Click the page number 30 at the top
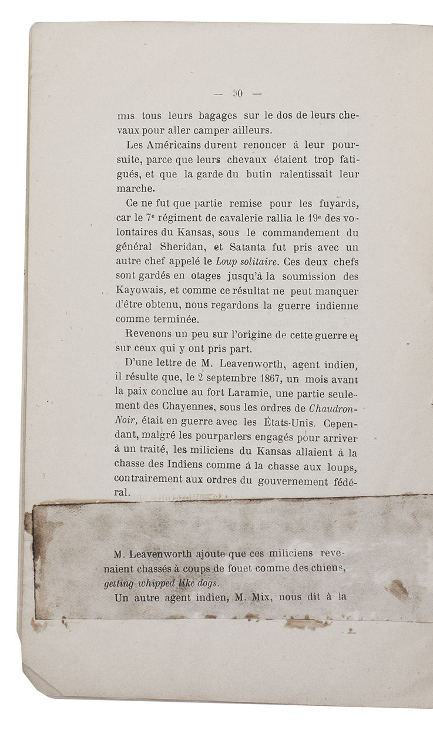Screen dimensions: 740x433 pos(238,92)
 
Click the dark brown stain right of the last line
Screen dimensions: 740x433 pos(398,589)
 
